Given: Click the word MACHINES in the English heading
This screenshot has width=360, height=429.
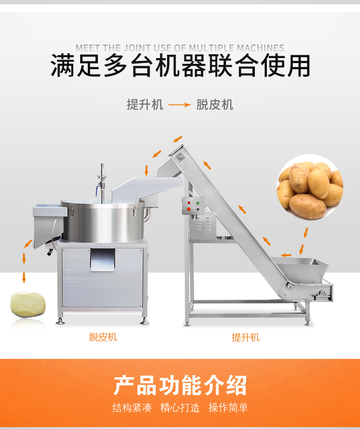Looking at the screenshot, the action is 260,48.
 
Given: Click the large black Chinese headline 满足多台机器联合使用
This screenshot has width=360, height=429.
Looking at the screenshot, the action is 180,66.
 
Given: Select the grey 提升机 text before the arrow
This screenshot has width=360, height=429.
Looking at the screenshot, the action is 145,105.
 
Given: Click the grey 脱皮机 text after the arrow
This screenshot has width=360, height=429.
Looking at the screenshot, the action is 215,105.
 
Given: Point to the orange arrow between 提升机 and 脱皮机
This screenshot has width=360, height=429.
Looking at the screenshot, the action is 180,105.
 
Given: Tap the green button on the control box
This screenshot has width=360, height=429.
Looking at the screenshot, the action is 198,203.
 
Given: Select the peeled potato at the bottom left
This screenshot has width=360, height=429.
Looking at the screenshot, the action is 28,305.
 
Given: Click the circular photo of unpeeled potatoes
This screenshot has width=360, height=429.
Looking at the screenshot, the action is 310,188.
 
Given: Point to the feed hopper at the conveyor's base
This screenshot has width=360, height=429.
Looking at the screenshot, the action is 301,270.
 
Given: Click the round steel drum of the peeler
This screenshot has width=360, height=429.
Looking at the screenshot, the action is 103,221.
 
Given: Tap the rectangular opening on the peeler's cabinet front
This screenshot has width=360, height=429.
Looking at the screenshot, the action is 103,260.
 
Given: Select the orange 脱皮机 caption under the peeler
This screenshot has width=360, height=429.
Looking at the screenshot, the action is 103,337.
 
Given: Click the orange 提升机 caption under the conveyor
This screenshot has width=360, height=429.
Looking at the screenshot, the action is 246,337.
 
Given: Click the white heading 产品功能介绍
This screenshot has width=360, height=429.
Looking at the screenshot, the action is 180,385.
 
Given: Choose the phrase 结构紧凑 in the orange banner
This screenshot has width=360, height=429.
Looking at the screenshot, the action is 132,407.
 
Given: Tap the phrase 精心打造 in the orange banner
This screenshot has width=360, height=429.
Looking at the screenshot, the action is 180,407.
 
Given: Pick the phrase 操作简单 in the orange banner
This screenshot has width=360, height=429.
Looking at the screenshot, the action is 228,407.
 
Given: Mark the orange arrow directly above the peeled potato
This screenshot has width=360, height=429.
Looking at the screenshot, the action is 24,278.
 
